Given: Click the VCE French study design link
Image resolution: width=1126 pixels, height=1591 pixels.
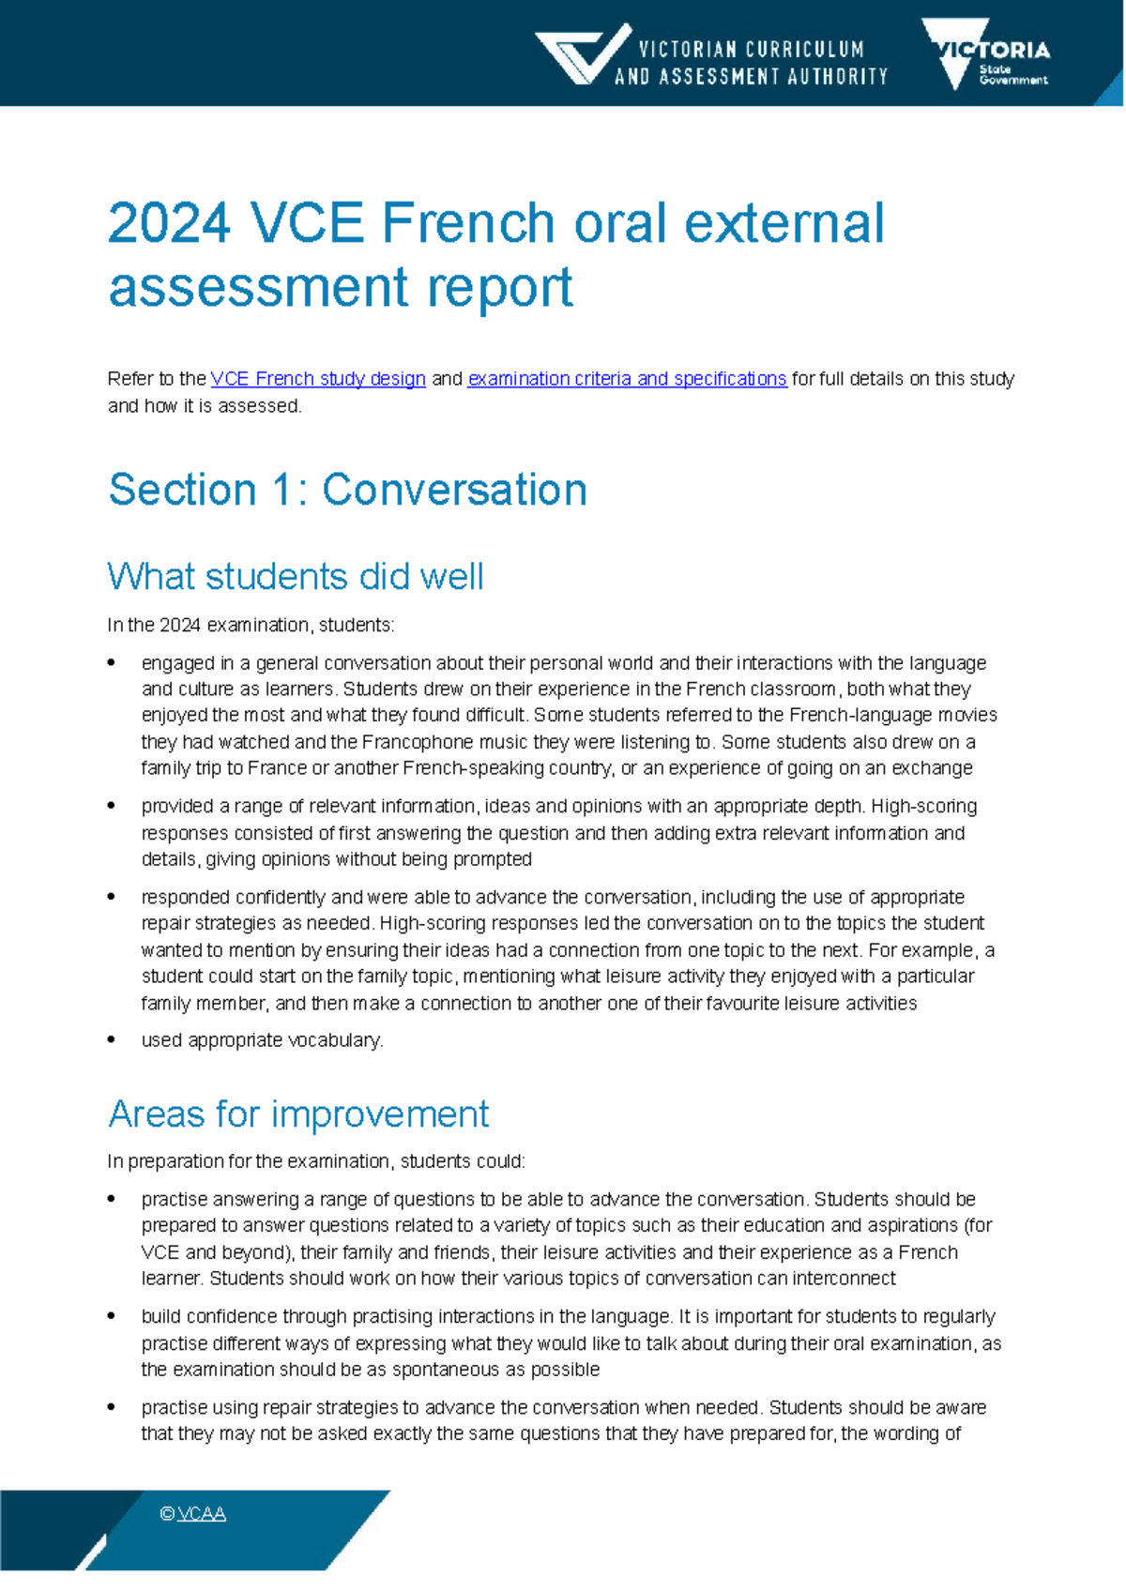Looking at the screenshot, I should tap(318, 379).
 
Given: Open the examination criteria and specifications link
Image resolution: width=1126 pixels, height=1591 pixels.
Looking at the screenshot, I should tap(627, 379).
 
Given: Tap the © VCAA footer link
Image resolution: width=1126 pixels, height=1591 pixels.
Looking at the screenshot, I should tap(193, 1513).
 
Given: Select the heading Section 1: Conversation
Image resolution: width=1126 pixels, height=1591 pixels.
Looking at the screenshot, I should tap(347, 490).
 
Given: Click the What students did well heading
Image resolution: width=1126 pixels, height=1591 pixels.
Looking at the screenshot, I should tap(295, 576).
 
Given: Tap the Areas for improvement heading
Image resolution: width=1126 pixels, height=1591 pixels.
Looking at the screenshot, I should tap(297, 1114).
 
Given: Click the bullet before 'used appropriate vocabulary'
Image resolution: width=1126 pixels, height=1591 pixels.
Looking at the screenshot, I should tap(113, 1039).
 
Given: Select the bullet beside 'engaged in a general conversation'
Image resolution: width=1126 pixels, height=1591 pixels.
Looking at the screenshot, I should tap(113, 663).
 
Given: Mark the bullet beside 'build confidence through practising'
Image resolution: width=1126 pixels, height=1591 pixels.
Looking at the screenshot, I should tap(113, 1316).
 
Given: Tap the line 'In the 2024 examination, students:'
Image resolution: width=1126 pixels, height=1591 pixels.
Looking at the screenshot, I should tap(251, 625).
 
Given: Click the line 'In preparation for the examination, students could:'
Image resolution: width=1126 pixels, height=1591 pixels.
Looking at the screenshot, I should tap(316, 1161).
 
